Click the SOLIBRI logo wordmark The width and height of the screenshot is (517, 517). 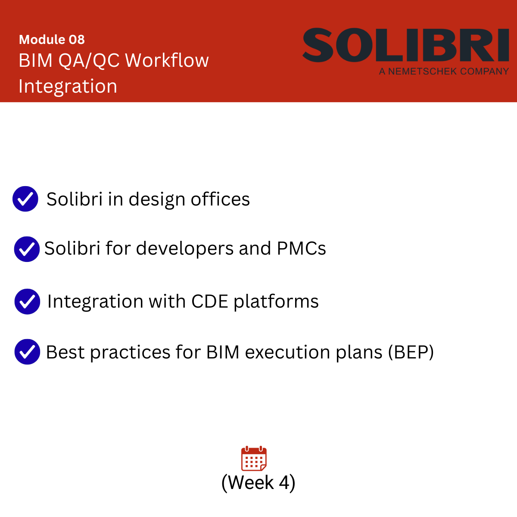coord(406,45)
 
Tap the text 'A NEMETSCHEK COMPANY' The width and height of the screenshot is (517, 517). coord(444,72)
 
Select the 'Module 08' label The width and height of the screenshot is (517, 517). coord(52,40)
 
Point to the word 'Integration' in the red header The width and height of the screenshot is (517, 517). coord(68,87)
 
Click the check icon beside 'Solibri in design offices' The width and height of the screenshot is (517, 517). coord(25,199)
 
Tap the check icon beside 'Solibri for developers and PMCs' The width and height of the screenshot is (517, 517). coord(27,249)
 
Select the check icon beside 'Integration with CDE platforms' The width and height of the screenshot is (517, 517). coord(28,301)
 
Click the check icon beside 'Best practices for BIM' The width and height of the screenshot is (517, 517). coord(28,352)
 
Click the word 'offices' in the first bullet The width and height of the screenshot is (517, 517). coord(220,199)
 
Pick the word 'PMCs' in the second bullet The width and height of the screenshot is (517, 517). coord(301,248)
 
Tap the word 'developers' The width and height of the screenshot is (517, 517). coord(184,249)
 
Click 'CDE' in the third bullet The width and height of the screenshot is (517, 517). coord(209,301)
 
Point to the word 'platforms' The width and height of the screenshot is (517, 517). coord(276,302)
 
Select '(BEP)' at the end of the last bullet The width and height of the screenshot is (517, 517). coord(411,352)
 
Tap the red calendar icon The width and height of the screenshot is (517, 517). coord(254,458)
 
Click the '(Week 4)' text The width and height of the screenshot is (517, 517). coord(258,483)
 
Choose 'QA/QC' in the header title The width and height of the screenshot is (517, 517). coord(89,61)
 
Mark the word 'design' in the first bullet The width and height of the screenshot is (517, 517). coord(157,200)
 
